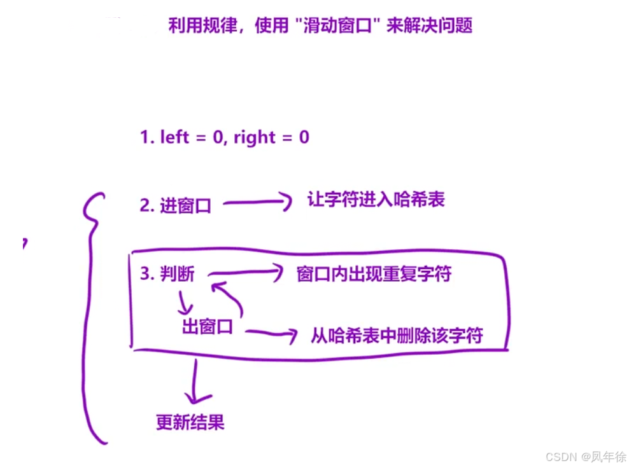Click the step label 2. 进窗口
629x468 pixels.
pyautogui.click(x=175, y=206)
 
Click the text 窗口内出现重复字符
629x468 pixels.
pyautogui.click(x=374, y=274)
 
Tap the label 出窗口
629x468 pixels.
pyautogui.click(x=208, y=328)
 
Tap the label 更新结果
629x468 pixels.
pyautogui.click(x=190, y=422)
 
